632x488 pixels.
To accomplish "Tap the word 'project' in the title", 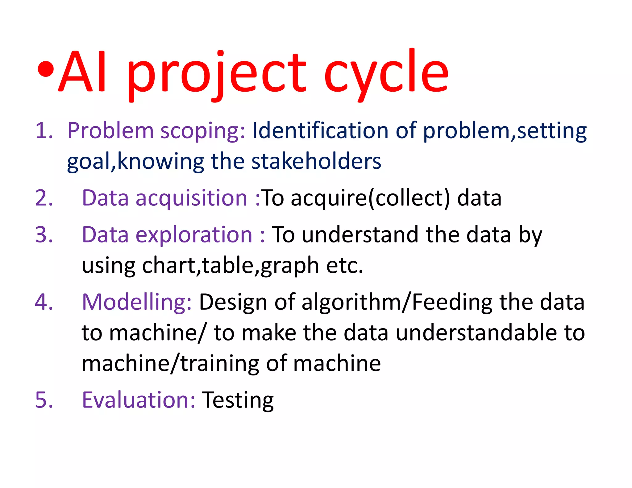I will (x=216, y=74).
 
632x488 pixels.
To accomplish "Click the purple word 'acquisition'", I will (x=191, y=198).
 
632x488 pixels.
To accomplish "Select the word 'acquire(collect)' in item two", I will (x=370, y=198).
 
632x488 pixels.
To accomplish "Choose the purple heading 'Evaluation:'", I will (x=138, y=400).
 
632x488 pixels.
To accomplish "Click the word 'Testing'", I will (x=238, y=400).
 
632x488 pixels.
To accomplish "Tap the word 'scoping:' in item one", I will (x=203, y=131).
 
